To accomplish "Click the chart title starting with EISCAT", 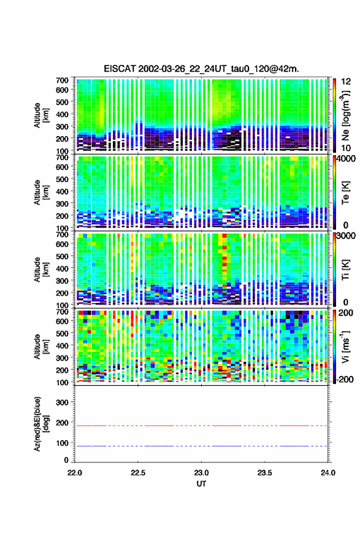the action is coord(202,69).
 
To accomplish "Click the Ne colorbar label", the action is coord(345,116).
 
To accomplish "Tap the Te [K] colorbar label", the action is coord(345,193).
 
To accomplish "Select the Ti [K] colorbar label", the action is coord(345,270).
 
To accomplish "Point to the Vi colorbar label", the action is coord(345,347).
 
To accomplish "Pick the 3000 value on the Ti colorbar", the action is coord(346,236).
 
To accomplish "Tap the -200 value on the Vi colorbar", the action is coord(344,380).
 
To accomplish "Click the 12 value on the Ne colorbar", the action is coord(346,82).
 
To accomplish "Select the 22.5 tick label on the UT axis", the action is coord(138,473).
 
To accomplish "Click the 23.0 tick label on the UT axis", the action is coord(201,473).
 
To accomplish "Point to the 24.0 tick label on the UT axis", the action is coord(328,473).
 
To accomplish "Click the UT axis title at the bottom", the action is coord(201,484).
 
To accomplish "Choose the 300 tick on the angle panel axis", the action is coord(62,402).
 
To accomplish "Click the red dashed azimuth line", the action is coord(201,426).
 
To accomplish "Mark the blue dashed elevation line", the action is coord(201,446).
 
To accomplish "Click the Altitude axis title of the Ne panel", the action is coord(41,115).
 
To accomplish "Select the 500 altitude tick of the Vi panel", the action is coord(62,334).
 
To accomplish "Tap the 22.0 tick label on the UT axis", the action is coord(75,473).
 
